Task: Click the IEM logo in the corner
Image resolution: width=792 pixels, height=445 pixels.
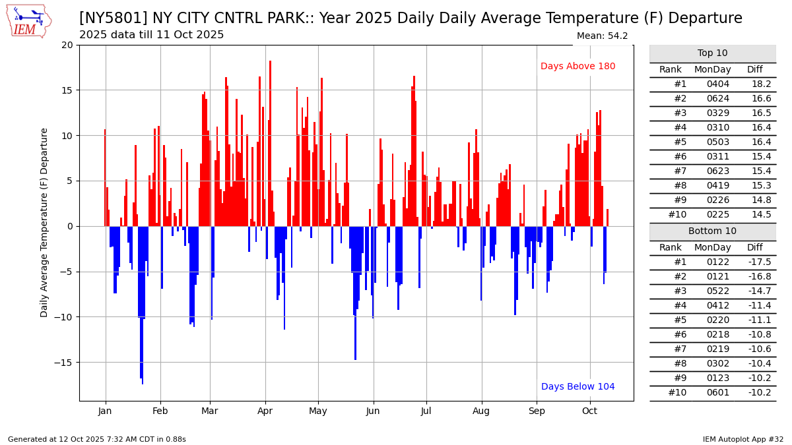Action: [x=29, y=21]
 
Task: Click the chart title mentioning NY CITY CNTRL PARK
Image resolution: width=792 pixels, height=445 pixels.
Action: [x=410, y=18]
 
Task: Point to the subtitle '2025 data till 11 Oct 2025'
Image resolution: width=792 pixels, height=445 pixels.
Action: [x=151, y=35]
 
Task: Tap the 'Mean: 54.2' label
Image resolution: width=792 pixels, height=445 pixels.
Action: [x=602, y=36]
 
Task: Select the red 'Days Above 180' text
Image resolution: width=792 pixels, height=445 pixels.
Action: [x=577, y=67]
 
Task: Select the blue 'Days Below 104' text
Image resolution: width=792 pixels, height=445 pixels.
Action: [x=577, y=387]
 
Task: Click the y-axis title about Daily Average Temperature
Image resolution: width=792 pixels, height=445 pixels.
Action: [x=45, y=222]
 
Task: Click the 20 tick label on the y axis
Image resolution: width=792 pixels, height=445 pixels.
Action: [x=67, y=45]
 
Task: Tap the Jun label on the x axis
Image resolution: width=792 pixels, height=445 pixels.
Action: [x=373, y=411]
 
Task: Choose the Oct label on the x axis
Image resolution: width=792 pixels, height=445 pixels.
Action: [x=589, y=411]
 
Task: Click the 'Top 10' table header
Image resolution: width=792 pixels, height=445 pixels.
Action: [x=712, y=53]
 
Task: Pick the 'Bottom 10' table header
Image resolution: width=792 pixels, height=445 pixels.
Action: [x=712, y=231]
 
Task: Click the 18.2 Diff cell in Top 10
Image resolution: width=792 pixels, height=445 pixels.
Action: [x=762, y=84]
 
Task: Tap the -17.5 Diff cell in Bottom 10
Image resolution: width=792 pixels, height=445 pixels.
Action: [x=760, y=262]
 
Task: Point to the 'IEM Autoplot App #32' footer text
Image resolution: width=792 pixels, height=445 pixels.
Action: [x=743, y=439]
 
